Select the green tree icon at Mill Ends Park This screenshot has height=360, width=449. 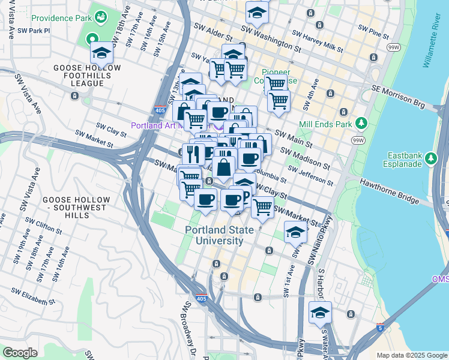coord(361,123)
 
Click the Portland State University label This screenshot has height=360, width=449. coord(214,235)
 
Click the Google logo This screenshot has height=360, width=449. coord(20,352)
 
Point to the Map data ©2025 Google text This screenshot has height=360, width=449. coord(412,355)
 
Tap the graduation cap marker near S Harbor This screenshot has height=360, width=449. coord(321,313)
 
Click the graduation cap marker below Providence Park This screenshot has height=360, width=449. coord(102,54)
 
